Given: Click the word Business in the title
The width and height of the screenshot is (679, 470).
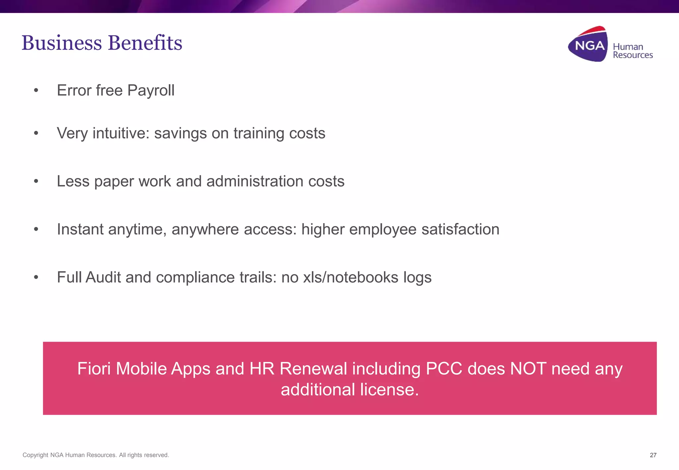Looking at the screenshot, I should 62,43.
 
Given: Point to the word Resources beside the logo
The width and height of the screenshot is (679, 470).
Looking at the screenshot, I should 633,55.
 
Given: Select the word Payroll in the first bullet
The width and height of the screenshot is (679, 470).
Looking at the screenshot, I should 151,90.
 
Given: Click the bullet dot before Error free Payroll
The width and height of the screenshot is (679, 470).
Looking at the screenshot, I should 36,90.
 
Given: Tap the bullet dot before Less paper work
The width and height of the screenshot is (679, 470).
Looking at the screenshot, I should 36,181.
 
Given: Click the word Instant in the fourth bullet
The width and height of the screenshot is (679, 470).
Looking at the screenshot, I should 80,229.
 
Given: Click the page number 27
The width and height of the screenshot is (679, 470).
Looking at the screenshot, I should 653,455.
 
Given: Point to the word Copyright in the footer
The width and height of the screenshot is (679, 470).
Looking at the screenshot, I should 35,455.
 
